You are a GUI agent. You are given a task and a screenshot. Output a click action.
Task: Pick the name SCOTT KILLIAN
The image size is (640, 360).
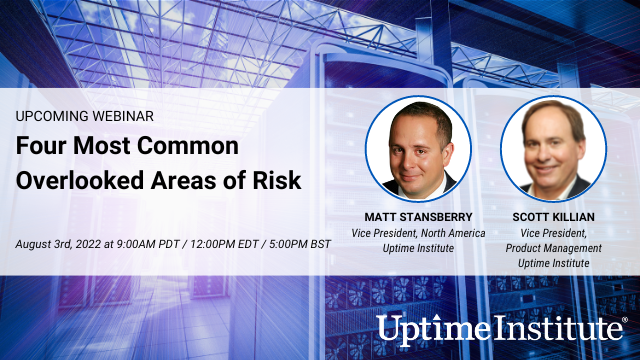tap(553, 217)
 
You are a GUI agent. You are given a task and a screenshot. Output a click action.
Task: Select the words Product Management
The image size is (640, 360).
tap(553, 248)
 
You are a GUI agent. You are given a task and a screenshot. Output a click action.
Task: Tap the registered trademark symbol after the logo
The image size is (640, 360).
tap(624, 320)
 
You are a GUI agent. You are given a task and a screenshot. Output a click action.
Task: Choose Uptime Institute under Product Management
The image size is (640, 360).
tap(553, 263)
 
